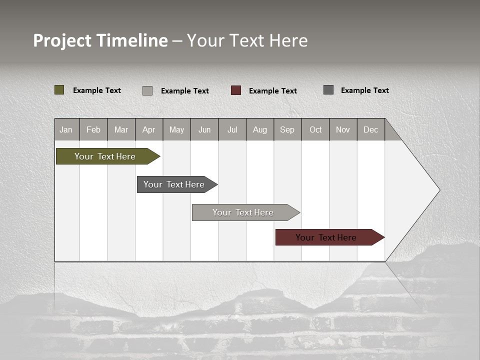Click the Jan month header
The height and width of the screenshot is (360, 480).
66,129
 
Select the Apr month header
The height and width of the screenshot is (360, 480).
149,129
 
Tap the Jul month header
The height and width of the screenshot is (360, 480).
232,129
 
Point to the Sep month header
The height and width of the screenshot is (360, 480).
287,129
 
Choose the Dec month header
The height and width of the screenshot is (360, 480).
370,129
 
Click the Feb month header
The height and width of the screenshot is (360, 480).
93,129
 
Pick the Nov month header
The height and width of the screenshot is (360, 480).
343,129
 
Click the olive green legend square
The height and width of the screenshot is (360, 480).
59,90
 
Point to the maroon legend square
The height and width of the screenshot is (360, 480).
236,90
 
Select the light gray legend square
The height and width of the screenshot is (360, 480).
147,90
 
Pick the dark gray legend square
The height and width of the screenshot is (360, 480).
328,90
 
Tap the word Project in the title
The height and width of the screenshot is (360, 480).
62,40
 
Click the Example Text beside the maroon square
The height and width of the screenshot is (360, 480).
273,91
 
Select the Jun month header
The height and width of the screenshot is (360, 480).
204,129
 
